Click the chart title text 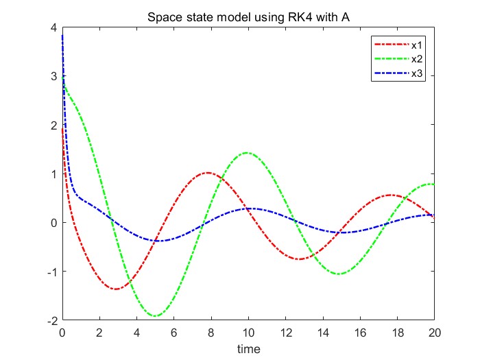(x=248, y=16)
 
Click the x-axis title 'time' (x=248, y=349)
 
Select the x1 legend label (x=416, y=45)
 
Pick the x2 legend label (x=416, y=60)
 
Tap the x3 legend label (x=416, y=73)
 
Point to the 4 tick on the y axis (x=53, y=27)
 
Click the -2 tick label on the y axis (x=51, y=320)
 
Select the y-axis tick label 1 (x=53, y=173)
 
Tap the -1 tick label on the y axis (x=51, y=272)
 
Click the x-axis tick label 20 (x=434, y=334)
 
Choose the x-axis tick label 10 (x=248, y=334)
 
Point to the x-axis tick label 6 (x=174, y=334)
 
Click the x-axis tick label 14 (x=323, y=334)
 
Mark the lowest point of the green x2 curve (x=156, y=316)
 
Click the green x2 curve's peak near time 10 (x=247, y=153)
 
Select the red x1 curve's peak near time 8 (x=208, y=173)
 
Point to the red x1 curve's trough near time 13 (x=299, y=259)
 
